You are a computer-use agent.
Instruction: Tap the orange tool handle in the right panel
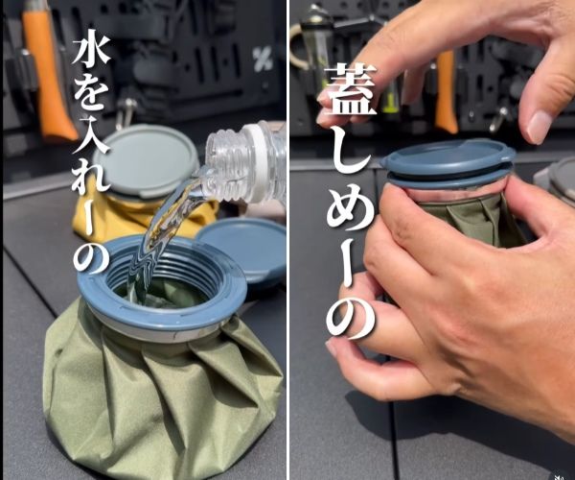coord(446,91)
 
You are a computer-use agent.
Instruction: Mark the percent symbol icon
coord(262,60)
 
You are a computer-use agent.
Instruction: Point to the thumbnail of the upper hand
coord(539,125)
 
